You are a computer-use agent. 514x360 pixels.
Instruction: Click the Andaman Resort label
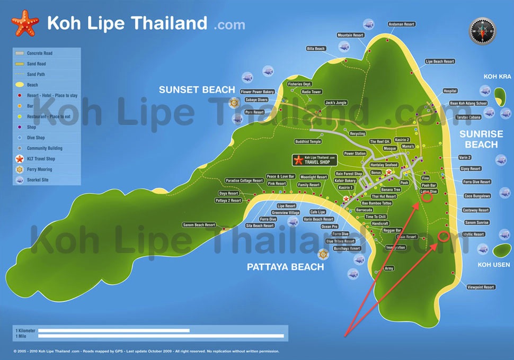pos(402,24)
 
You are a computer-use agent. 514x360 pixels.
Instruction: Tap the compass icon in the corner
pos(482,31)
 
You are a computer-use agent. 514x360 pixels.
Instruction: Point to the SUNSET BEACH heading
pos(197,90)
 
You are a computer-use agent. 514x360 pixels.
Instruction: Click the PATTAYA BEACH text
pos(285,267)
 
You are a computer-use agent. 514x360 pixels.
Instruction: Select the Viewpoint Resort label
pos(481,287)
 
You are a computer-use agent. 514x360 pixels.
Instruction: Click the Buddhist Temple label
pos(308,142)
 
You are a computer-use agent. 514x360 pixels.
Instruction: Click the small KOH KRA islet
pos(499,96)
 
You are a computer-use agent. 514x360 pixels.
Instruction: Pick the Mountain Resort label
pos(351,35)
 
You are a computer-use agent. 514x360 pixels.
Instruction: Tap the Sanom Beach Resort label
pos(199,225)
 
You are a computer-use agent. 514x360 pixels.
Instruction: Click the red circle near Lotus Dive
pos(427,197)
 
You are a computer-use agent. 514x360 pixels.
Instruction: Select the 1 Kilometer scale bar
pos(113,330)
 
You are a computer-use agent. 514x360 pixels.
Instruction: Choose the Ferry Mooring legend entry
pos(39,169)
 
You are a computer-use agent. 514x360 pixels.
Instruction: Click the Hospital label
pos(449,91)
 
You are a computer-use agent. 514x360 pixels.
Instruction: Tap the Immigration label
pos(395,248)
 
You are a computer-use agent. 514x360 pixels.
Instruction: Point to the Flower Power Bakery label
pos(257,92)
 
